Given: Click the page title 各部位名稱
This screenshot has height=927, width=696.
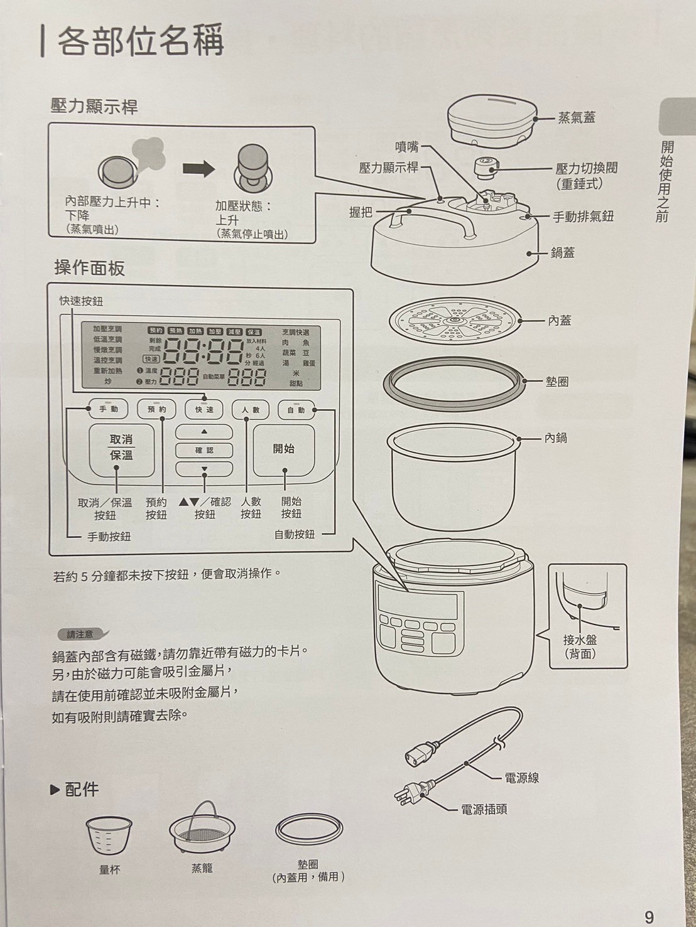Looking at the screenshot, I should [139, 41].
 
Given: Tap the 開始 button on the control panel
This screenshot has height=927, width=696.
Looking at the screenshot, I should [284, 449].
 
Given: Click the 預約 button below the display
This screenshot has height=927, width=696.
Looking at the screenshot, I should [156, 410].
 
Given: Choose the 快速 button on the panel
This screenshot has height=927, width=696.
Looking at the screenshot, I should [204, 410].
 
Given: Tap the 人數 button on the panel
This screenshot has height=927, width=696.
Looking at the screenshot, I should [250, 410].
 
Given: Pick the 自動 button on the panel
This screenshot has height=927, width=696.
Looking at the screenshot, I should [296, 410].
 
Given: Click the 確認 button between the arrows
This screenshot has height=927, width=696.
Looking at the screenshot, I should [204, 450].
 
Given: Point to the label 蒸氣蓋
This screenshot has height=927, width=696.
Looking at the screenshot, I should [576, 117].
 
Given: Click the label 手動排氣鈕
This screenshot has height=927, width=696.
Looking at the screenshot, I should [583, 217].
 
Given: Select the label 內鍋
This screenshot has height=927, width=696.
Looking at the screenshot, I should [556, 437].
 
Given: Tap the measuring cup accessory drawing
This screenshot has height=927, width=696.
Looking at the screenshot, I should [109, 835].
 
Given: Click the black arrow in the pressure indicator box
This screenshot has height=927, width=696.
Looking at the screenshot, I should [198, 169].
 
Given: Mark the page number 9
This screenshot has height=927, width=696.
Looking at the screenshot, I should [649, 916].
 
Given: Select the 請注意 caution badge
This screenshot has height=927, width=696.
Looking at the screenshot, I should [80, 634].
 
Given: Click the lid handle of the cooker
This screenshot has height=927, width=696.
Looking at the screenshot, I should [433, 220].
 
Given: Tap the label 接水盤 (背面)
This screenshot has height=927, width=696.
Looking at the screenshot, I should [580, 646].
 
